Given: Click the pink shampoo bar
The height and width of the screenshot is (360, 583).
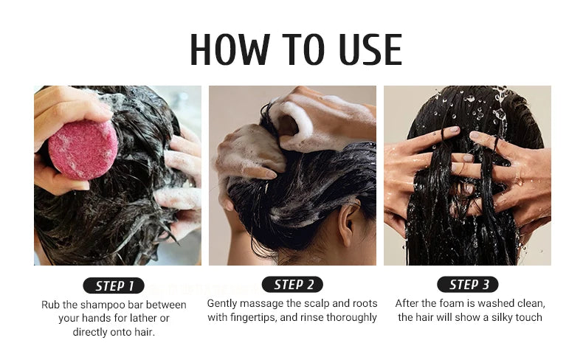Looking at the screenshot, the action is [83, 149].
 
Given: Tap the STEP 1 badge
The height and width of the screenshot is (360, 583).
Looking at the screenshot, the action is [114, 285].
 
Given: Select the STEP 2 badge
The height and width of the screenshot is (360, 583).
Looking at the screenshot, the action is [292, 285].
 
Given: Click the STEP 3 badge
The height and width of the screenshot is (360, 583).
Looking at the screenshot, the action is [468, 285].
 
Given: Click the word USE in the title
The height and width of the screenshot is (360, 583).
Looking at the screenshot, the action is [370, 49].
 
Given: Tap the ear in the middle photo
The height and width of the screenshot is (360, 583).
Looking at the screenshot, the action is [348, 222].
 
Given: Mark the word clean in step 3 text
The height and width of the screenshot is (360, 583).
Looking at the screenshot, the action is [531, 304].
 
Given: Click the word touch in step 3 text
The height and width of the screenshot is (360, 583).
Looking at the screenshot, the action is [530, 317].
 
